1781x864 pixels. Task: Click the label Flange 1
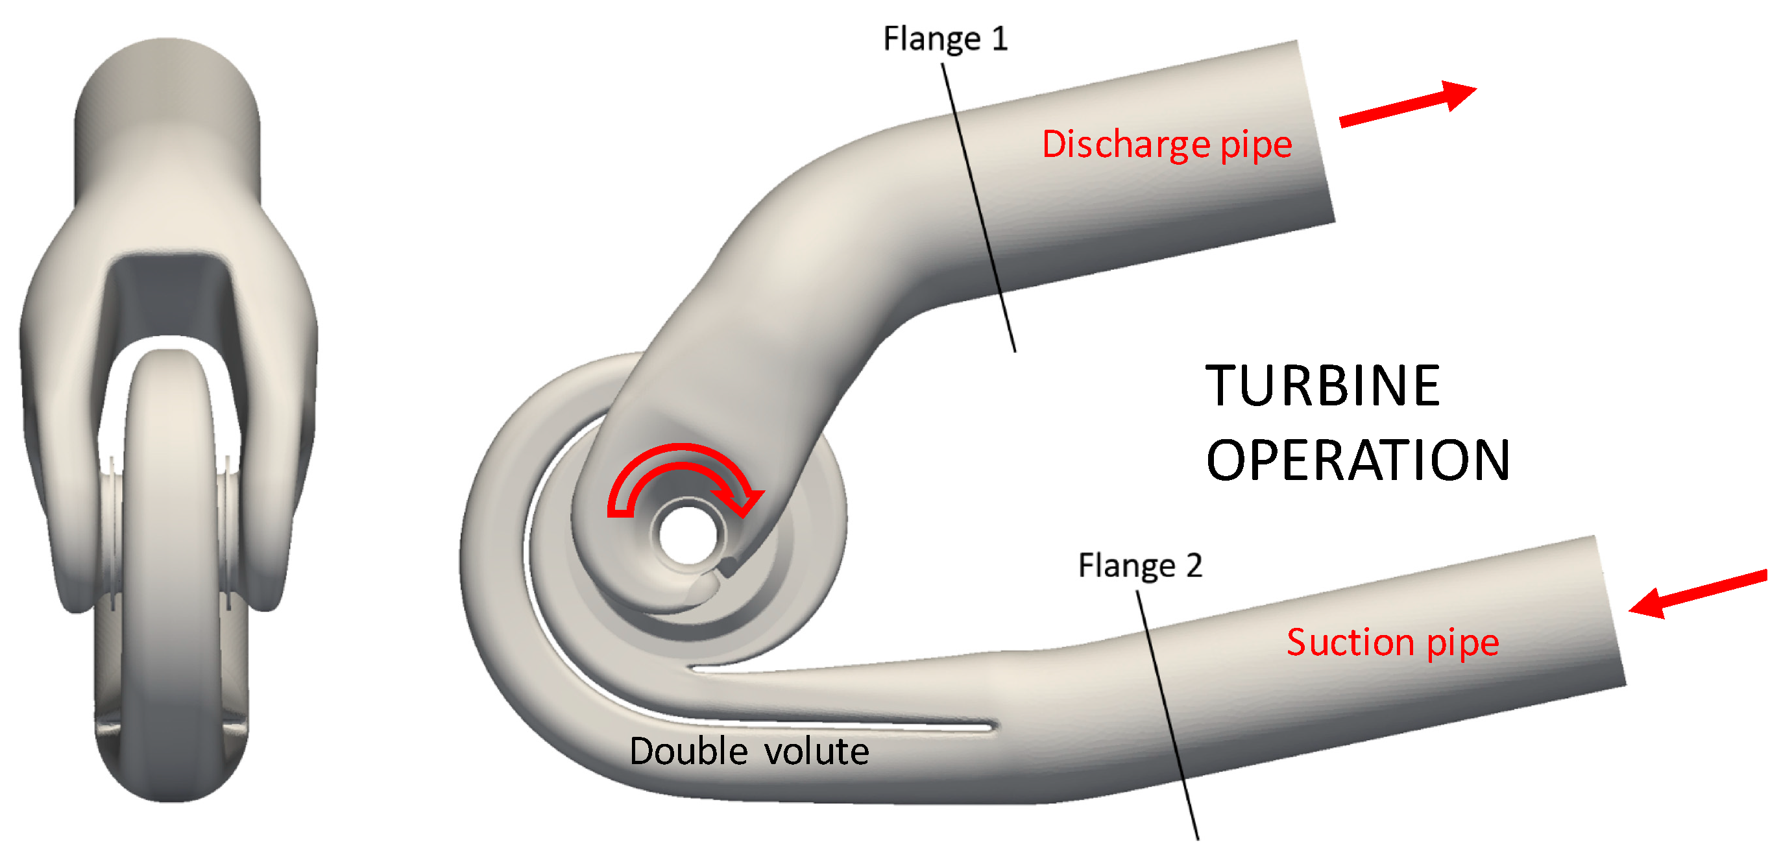945,39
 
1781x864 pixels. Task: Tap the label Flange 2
1140,566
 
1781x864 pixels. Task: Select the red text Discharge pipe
1167,145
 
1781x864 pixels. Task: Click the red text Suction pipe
1392,643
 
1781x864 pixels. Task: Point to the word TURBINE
1322,386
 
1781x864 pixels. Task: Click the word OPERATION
1357,461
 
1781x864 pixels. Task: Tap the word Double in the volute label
688,751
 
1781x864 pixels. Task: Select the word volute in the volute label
816,751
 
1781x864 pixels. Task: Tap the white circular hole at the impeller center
687,534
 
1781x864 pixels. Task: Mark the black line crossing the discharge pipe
978,208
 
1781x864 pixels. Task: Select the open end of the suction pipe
1611,612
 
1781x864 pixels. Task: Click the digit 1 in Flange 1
999,39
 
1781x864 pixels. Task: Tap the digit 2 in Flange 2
1194,566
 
